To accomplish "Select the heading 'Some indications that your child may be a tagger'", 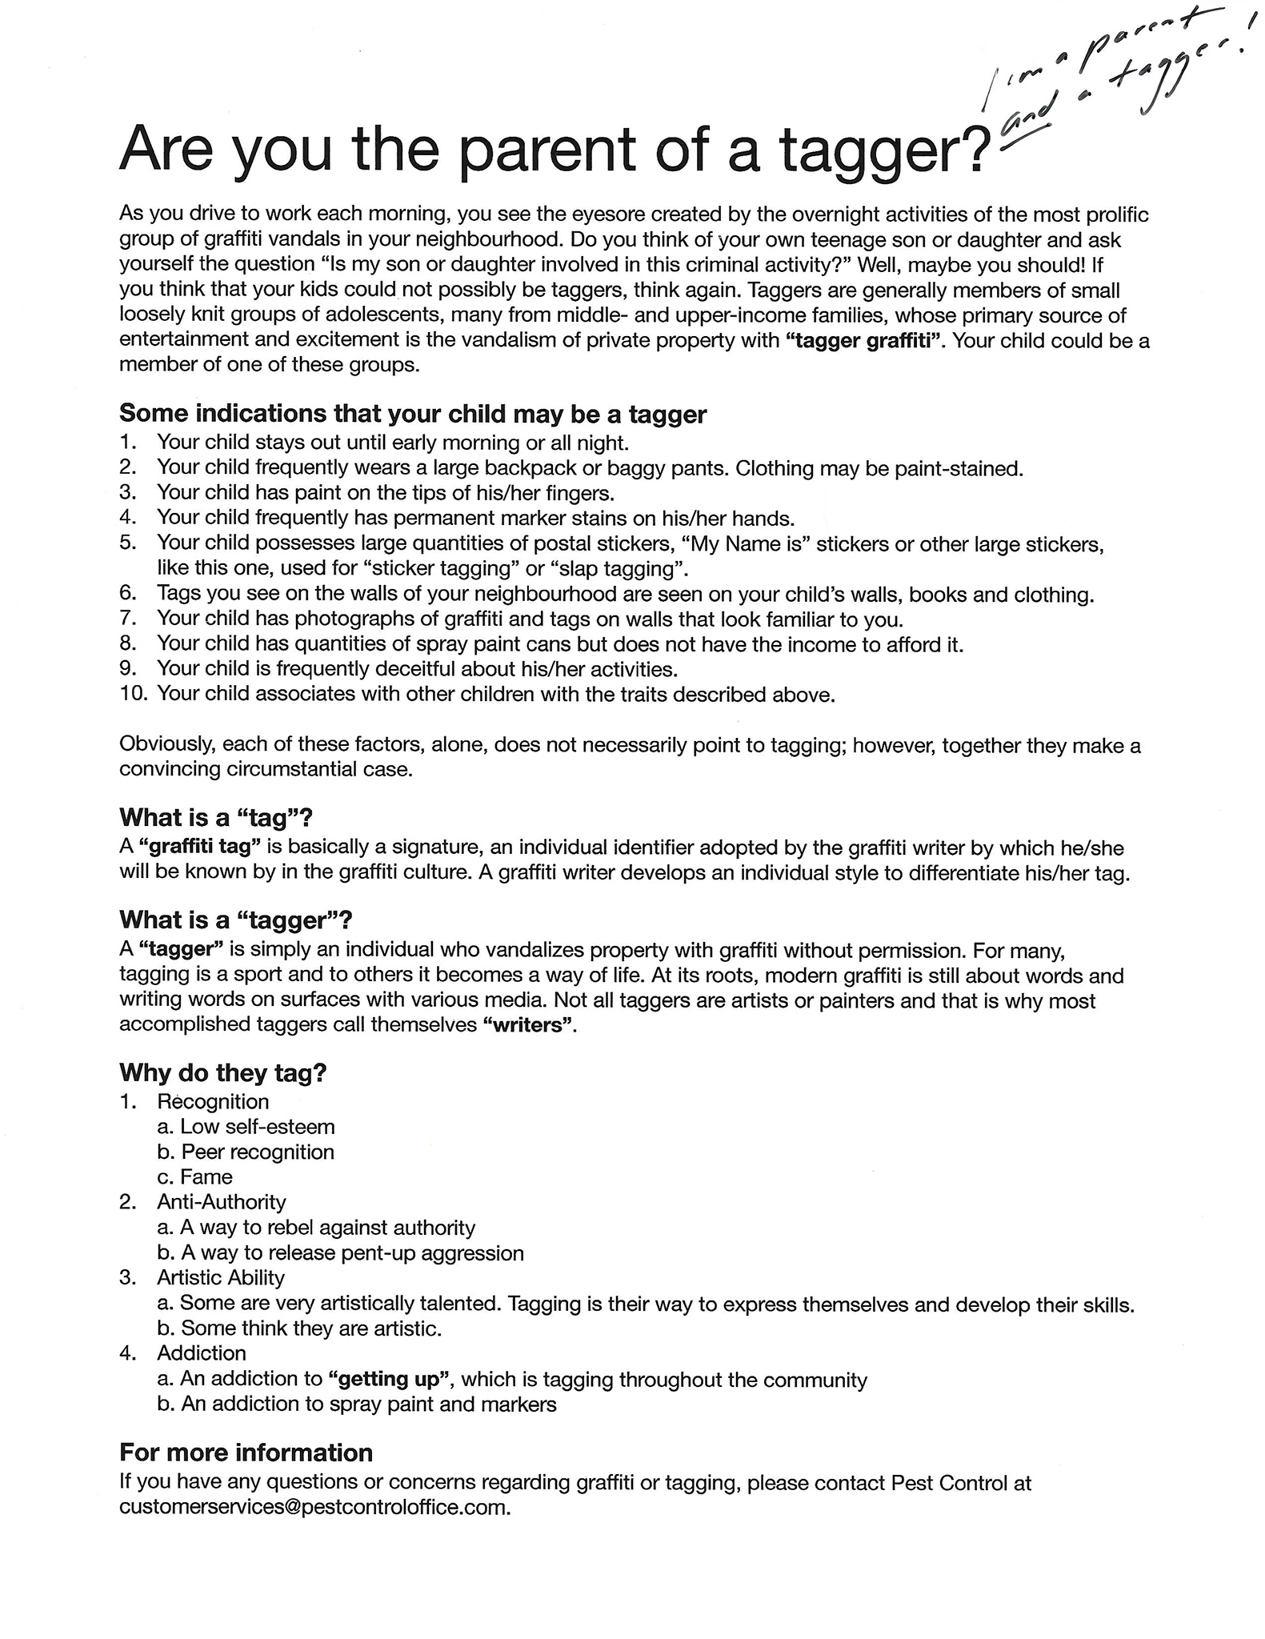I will click(x=413, y=414).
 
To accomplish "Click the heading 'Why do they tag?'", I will click(x=223, y=1072).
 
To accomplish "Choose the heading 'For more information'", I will click(x=246, y=1453).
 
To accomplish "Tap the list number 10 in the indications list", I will click(x=134, y=693).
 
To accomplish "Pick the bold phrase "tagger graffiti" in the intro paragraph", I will click(x=863, y=342).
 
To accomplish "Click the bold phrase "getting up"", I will click(x=390, y=1380).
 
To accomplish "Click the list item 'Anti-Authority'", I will click(x=221, y=1202).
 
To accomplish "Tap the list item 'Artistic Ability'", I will click(x=220, y=1278).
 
